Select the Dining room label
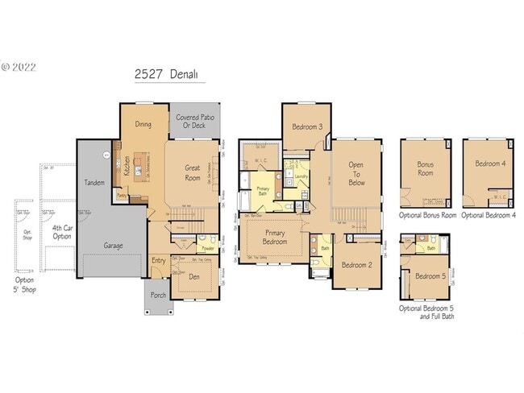coord(143,125)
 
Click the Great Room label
coord(193,173)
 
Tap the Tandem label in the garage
coord(94,183)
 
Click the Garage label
coord(113,245)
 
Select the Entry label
coord(159,260)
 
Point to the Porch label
coord(159,296)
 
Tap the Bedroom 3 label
coord(307,127)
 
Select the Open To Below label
coord(356,172)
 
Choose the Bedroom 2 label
coord(356,265)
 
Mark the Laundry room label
coord(302,176)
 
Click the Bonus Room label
coord(425,168)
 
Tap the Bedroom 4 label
coord(490,163)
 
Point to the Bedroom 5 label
coord(429,277)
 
